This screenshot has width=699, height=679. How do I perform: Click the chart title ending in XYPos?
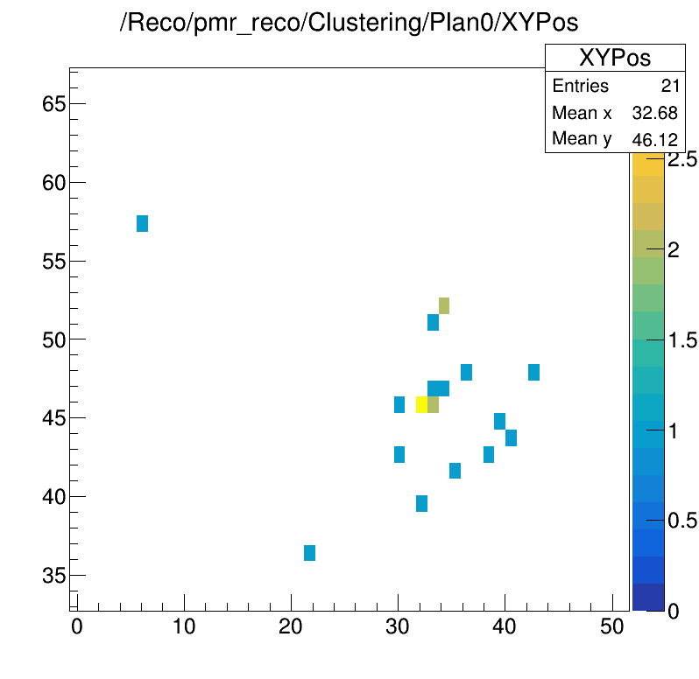point(349,24)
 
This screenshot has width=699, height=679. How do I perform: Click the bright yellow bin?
point(421,404)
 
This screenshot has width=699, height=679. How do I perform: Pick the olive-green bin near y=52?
point(444,305)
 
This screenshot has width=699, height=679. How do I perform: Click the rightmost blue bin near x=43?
point(533,372)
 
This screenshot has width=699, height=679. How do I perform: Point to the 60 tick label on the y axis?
point(54,183)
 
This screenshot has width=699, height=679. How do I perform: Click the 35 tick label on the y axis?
point(54,576)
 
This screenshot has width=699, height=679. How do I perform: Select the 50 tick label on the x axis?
point(611,627)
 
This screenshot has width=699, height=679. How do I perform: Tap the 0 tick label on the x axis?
point(77,627)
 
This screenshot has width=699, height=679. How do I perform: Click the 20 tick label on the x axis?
point(291,627)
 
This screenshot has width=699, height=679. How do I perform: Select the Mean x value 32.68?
point(654,114)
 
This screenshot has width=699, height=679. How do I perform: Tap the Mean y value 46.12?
point(654,139)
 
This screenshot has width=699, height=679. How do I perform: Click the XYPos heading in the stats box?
point(614,59)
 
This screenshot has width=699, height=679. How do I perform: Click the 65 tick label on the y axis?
point(54,104)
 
